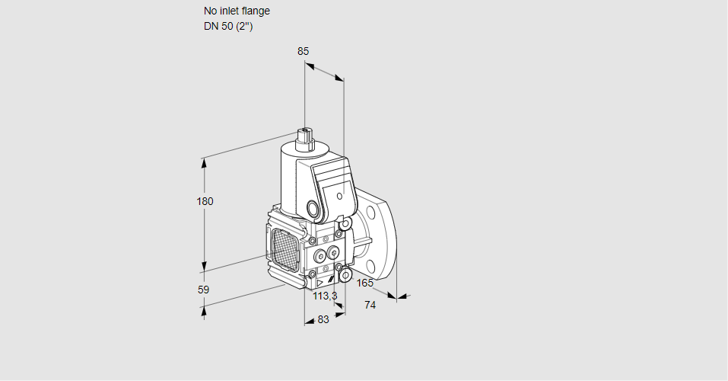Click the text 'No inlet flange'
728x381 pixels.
(237, 11)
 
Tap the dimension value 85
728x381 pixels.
(304, 51)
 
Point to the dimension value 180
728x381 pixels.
(205, 201)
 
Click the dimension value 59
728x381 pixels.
(203, 290)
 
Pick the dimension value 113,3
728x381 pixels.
(325, 296)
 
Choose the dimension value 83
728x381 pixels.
(323, 319)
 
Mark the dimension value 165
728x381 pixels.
(365, 283)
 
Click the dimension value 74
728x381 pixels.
(370, 305)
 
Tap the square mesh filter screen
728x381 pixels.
(285, 247)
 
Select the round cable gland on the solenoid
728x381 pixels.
(313, 208)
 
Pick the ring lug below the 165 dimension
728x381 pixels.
(345, 274)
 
